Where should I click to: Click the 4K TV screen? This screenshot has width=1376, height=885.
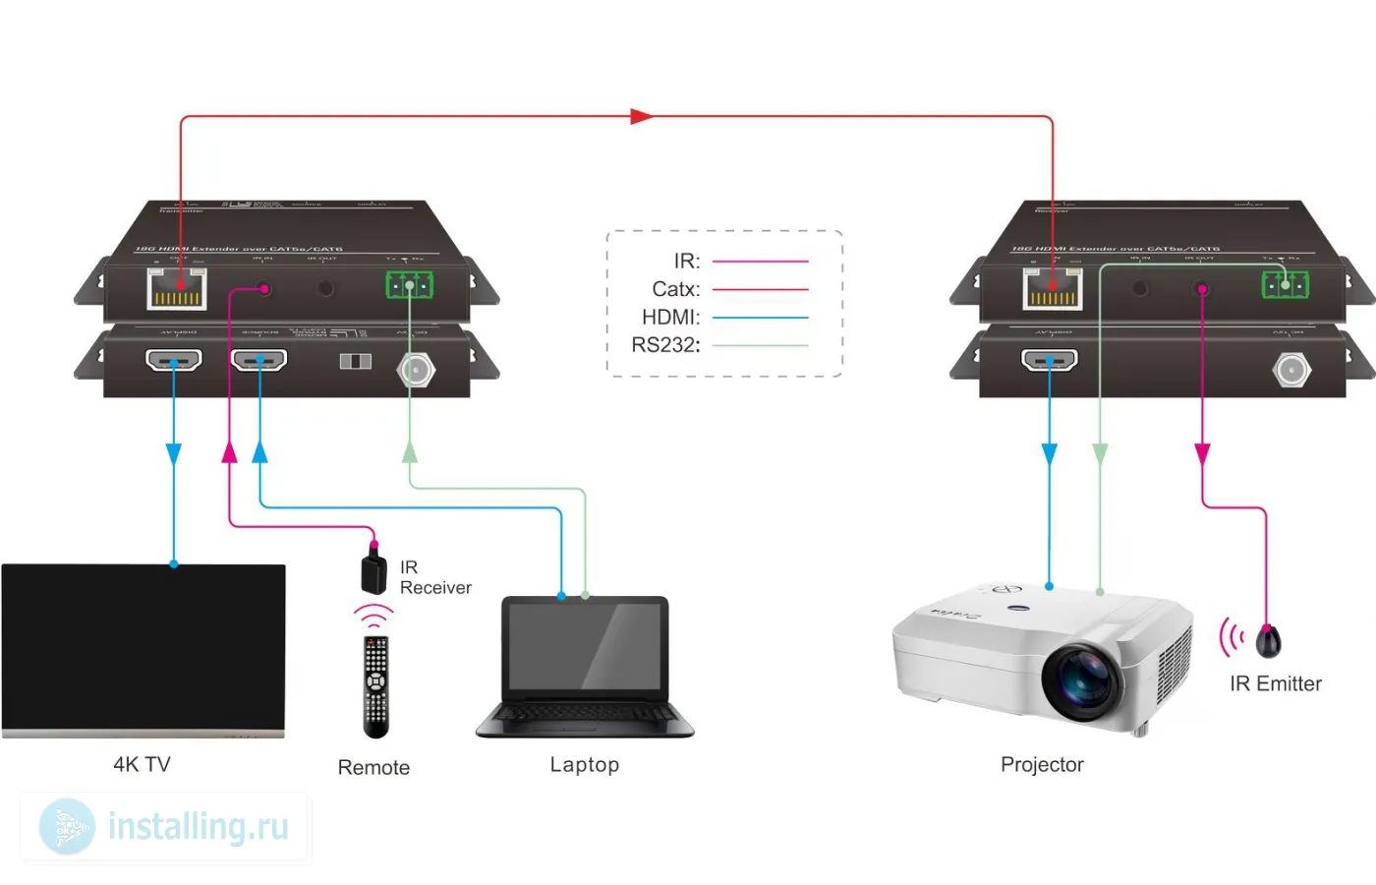click(143, 647)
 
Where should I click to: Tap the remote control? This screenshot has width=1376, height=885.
click(375, 686)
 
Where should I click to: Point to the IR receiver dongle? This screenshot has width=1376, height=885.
click(373, 572)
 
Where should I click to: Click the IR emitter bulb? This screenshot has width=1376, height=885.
click(1268, 641)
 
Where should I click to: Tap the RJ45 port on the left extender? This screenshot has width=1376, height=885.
click(177, 288)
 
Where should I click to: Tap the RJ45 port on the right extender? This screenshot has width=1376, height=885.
click(1053, 288)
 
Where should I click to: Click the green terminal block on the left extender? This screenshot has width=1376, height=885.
click(410, 285)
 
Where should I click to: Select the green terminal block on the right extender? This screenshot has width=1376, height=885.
click(1286, 284)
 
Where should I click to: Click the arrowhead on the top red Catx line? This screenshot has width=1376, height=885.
click(641, 116)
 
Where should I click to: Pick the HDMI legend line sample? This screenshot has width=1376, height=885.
click(760, 318)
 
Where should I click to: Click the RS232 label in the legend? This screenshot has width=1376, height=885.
click(665, 345)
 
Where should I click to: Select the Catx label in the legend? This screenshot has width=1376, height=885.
click(676, 289)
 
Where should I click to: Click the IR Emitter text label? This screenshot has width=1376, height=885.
click(1275, 683)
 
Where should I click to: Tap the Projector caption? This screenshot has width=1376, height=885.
click(1042, 764)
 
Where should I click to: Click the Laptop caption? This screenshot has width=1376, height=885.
click(585, 764)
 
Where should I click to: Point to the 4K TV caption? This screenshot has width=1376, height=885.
click(143, 764)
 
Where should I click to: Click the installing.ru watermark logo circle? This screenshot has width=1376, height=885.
click(67, 826)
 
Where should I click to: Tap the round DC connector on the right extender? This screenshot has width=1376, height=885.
click(1290, 370)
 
